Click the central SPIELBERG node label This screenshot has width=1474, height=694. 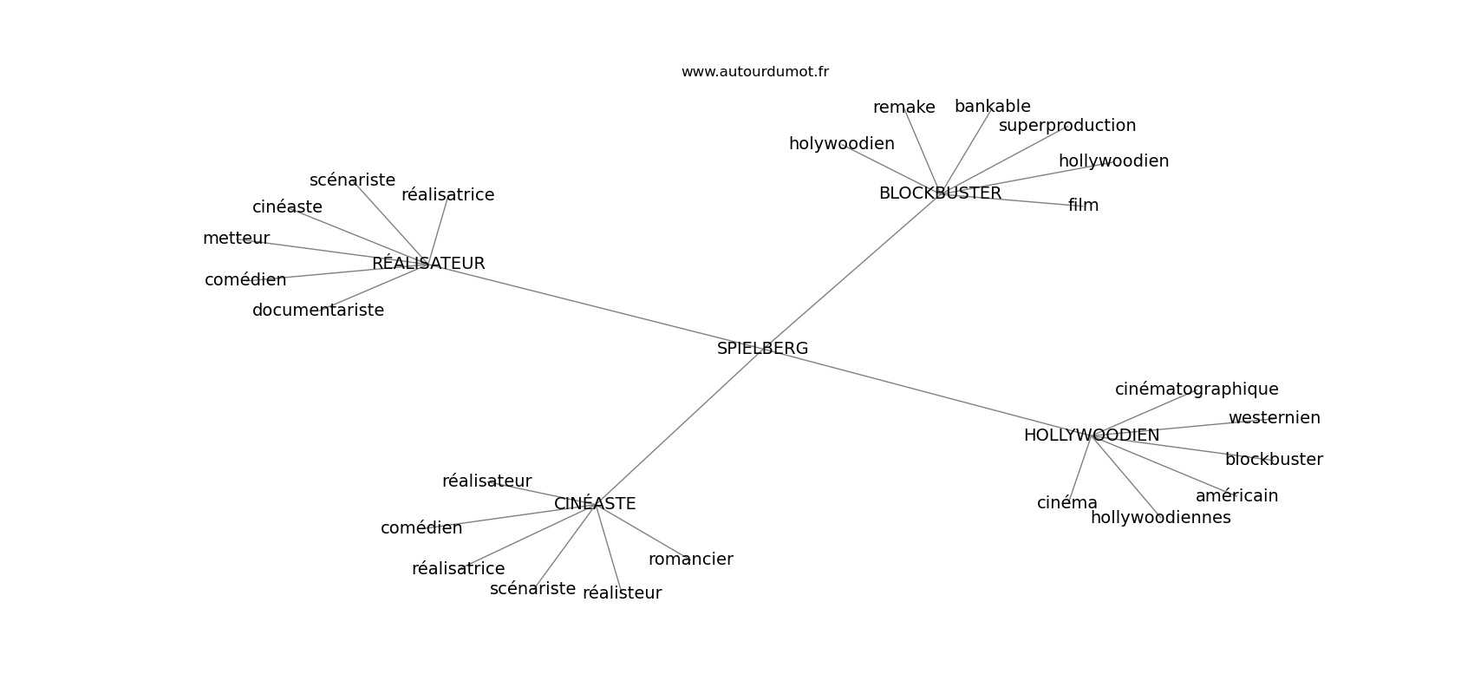762,349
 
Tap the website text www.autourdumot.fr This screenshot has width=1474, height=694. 754,72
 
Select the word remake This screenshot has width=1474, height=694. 903,108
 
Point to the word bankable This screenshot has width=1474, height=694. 992,107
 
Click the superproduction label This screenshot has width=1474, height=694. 1066,126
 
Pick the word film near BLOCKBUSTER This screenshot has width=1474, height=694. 1083,206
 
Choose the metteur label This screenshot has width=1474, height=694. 236,239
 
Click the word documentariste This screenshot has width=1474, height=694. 317,311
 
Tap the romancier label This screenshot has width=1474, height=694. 690,560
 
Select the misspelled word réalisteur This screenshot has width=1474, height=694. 622,593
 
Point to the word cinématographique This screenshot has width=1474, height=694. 1196,390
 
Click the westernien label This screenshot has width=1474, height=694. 1274,418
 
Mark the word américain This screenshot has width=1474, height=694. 1236,496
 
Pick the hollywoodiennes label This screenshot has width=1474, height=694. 1160,518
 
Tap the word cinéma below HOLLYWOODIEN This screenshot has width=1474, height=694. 1066,503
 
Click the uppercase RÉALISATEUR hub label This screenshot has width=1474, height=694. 428,264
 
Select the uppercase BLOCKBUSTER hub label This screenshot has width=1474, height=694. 940,193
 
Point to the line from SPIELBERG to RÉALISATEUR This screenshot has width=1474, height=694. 590,304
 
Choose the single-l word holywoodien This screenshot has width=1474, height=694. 841,144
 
